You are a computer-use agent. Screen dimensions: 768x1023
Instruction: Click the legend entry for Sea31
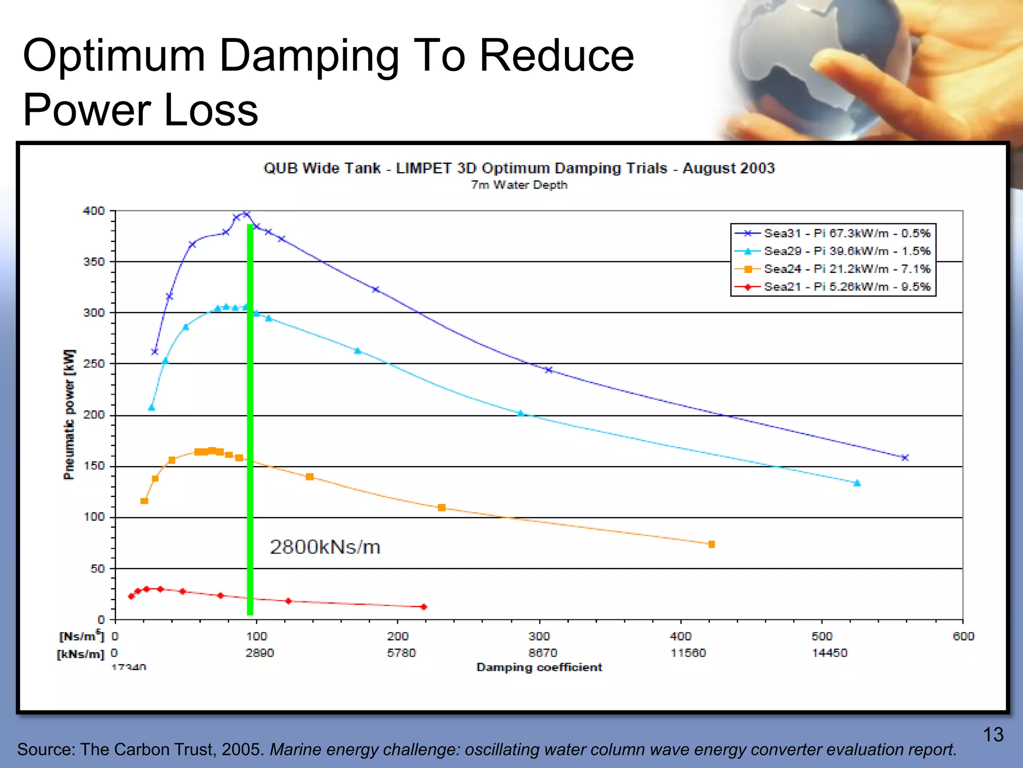[846, 233]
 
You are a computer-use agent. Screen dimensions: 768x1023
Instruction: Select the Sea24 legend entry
[846, 269]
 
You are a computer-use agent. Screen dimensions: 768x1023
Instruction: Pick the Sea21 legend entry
[846, 287]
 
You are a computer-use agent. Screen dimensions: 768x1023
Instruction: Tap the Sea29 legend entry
[846, 251]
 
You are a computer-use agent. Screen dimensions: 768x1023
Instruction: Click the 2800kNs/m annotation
[325, 547]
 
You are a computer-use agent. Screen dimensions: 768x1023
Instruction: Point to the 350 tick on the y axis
[94, 262]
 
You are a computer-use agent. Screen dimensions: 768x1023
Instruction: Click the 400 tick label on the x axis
[680, 636]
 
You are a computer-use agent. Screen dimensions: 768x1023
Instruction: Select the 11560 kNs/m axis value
[688, 653]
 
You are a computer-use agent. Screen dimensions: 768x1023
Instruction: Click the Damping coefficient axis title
[539, 667]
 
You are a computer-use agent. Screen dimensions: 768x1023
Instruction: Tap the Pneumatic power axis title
[69, 414]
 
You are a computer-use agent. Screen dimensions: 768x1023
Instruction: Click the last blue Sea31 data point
[905, 457]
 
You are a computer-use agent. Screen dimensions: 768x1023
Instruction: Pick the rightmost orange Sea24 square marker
[711, 544]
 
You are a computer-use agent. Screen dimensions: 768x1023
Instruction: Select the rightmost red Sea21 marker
[424, 607]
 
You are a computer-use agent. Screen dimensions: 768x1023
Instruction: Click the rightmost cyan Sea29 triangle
[857, 483]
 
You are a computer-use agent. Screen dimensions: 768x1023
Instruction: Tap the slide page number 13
[993, 734]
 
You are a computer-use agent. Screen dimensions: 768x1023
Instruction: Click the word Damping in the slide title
[309, 56]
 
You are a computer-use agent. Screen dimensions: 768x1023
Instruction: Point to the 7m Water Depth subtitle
[519, 185]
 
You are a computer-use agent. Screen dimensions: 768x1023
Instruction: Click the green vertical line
[250, 420]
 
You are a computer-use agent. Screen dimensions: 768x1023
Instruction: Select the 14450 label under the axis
[829, 653]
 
